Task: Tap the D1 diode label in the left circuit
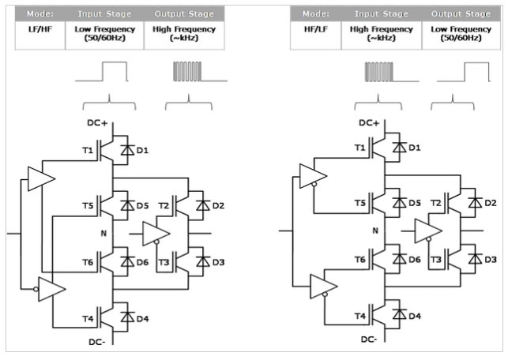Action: click(143, 150)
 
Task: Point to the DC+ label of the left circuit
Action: click(96, 124)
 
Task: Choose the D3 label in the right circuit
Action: click(491, 259)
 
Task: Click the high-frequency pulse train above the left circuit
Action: click(189, 73)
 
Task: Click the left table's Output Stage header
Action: click(184, 13)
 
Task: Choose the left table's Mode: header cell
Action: click(46, 13)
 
